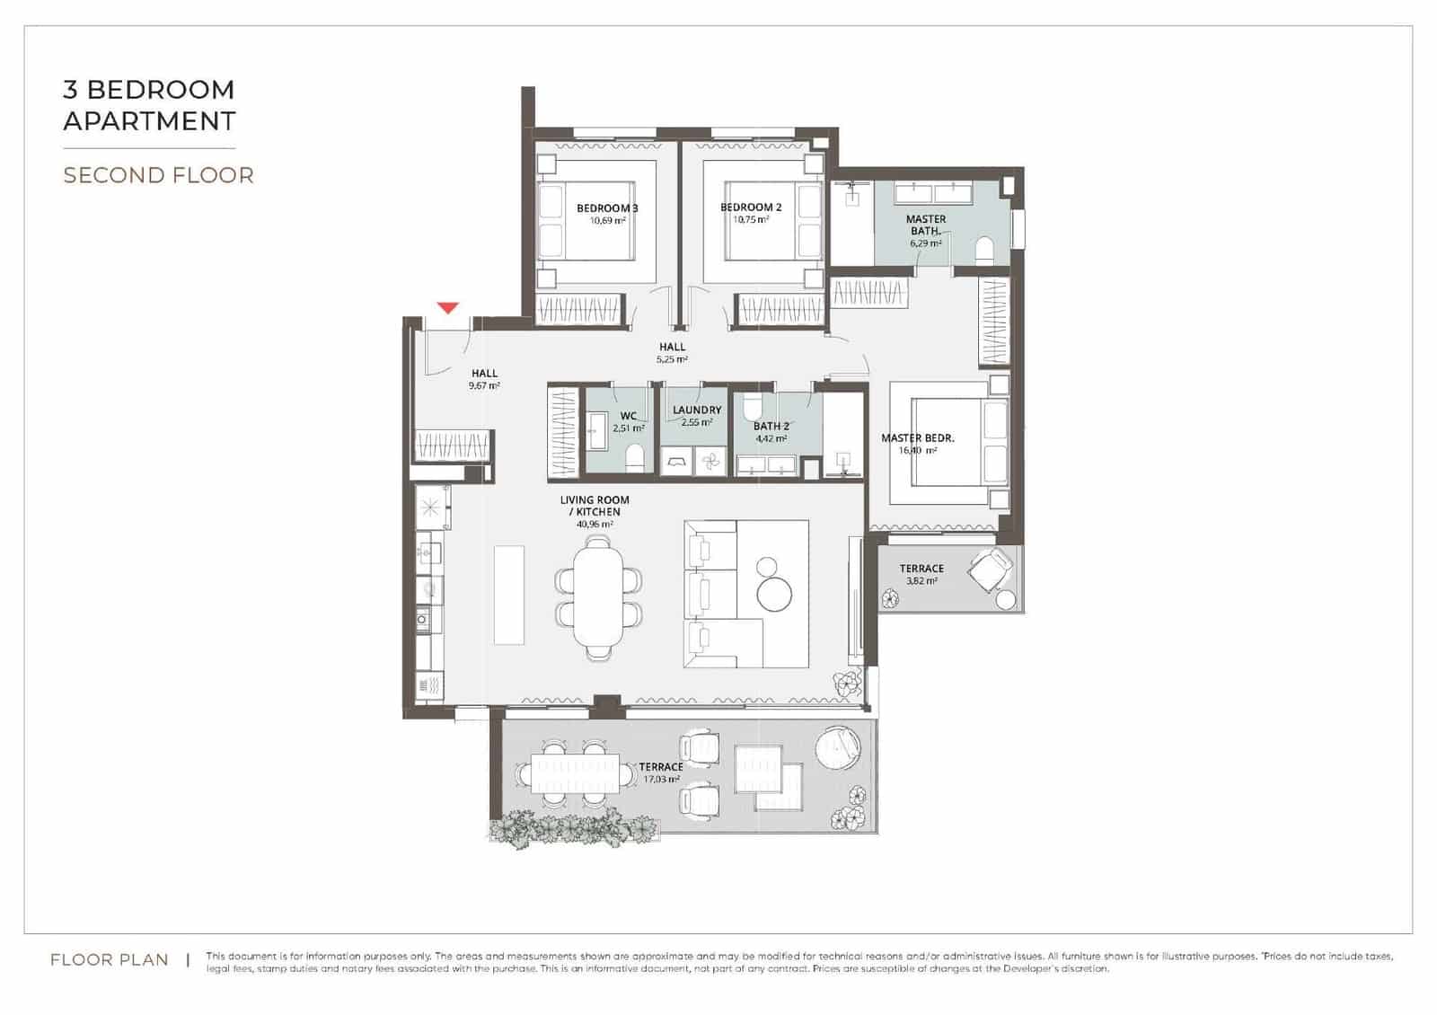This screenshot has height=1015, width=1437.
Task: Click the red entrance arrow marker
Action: [x=448, y=308]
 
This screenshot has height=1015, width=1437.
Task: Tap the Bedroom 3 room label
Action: [x=607, y=208]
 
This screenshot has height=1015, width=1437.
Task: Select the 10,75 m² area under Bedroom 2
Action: [x=751, y=220]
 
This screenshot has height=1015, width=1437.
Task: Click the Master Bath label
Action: [x=925, y=225]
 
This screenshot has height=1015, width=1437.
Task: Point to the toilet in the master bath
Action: [x=984, y=250]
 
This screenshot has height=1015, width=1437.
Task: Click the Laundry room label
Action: [x=697, y=410]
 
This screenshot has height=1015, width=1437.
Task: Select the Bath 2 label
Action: [x=771, y=427]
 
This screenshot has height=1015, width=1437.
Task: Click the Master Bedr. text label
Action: [x=917, y=438]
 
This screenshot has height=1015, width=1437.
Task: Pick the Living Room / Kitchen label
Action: [x=595, y=506]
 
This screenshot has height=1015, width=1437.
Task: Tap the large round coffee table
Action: [x=774, y=595]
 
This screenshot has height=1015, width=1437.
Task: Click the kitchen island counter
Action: [x=509, y=594]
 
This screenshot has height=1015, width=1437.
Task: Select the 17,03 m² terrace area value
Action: [x=661, y=780]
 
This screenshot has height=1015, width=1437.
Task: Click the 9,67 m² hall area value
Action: [x=484, y=385]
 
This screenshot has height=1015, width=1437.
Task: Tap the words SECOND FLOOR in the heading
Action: [x=158, y=175]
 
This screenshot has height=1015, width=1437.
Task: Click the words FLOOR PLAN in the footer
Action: [x=110, y=960]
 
